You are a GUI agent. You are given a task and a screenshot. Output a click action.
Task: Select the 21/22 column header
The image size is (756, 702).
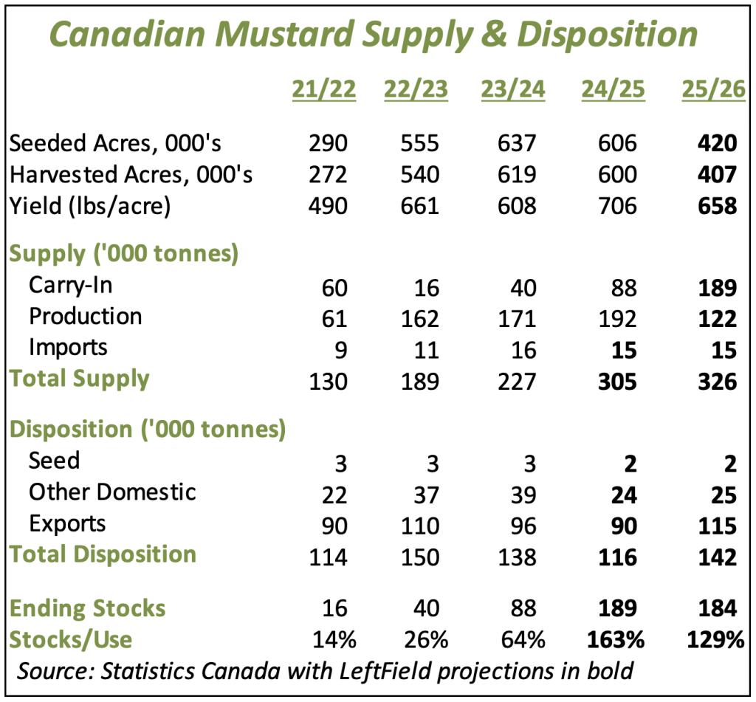[x=324, y=89]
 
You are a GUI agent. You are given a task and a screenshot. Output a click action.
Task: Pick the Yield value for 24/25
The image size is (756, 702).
[x=614, y=205]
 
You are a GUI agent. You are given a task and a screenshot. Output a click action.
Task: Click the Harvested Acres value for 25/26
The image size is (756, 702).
[x=715, y=174]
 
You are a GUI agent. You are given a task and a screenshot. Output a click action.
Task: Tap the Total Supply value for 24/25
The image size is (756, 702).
[x=614, y=381]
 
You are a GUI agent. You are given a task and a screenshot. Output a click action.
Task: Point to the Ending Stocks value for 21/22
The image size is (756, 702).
[x=332, y=608]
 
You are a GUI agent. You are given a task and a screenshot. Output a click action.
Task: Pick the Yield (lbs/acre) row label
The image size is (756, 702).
[x=89, y=205]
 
